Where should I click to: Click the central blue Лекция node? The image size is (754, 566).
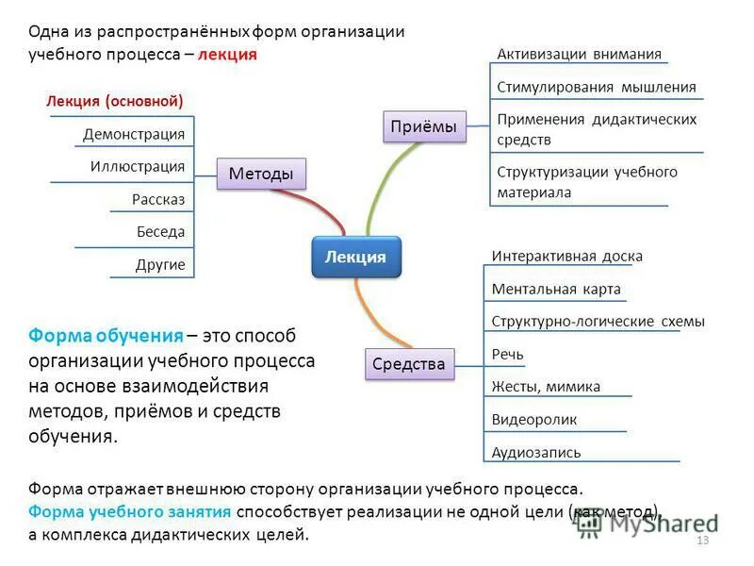point(355,257)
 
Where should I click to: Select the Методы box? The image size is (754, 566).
point(261,174)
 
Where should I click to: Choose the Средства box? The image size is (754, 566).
point(408,363)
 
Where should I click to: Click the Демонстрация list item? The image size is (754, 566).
point(134,134)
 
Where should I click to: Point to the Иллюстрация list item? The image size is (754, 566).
point(138,167)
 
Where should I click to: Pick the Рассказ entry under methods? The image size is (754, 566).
point(158,200)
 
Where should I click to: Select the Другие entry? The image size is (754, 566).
point(160,265)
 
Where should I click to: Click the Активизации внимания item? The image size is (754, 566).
point(579,54)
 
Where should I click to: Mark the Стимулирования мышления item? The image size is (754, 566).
point(596,88)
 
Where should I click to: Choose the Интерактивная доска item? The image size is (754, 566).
point(566,256)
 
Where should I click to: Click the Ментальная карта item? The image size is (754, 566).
point(556,289)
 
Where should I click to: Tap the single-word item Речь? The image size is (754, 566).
point(507,354)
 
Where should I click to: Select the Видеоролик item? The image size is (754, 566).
point(533,419)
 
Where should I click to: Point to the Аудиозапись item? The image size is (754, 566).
point(536,452)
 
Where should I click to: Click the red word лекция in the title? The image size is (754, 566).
point(231,54)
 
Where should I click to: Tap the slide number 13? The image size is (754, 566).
point(701,540)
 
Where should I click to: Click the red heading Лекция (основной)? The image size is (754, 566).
point(114,101)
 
